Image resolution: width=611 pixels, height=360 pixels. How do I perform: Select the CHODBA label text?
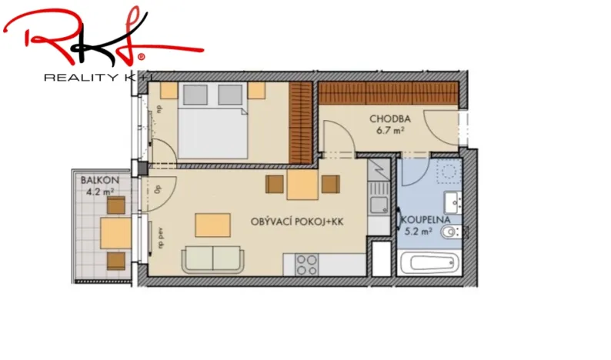click(390, 119)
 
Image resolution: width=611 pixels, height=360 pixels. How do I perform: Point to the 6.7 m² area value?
click(390, 131)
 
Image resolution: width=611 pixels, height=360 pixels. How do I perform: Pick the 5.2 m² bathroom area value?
click(416, 229)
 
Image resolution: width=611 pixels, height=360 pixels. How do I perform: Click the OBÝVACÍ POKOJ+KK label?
click(297, 222)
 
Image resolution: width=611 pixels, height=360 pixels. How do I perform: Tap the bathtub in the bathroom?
click(431, 263)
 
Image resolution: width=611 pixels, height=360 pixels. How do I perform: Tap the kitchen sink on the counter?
click(377, 204)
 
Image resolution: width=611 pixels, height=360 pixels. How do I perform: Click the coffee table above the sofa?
click(212, 225)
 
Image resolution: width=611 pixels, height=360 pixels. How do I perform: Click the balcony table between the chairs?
click(115, 232)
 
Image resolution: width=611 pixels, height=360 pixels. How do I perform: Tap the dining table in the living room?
click(302, 185)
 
